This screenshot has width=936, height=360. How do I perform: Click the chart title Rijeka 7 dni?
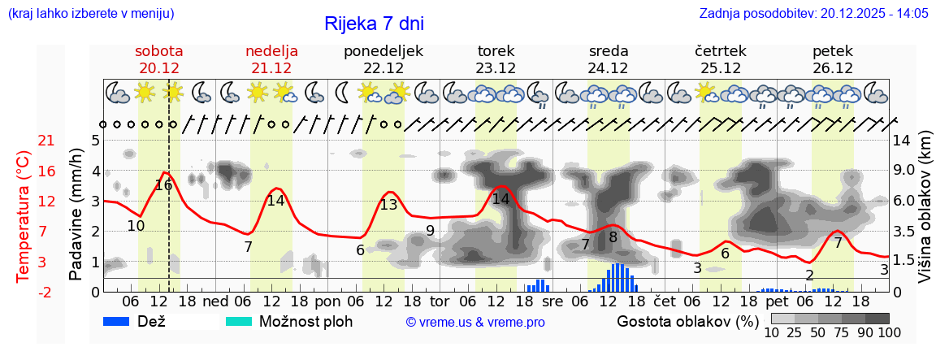(374, 24)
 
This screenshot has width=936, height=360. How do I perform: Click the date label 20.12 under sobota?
(159, 68)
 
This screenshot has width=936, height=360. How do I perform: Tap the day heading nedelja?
(271, 51)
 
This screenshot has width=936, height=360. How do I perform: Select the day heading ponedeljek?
(383, 51)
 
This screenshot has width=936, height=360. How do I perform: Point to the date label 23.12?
(496, 68)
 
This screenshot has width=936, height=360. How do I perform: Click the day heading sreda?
(609, 51)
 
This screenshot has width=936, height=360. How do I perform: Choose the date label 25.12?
(721, 68)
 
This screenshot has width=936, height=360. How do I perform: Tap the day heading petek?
(832, 51)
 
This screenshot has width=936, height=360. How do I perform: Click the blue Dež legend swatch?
(122, 321)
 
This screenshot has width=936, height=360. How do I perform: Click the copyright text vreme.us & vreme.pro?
(475, 323)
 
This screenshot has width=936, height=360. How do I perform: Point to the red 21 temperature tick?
(46, 141)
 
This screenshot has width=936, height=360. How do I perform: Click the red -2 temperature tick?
(46, 292)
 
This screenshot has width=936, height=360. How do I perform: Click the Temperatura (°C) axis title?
(23, 216)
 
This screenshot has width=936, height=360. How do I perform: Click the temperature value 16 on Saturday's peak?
(163, 185)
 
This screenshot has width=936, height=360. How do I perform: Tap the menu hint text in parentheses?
(90, 14)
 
